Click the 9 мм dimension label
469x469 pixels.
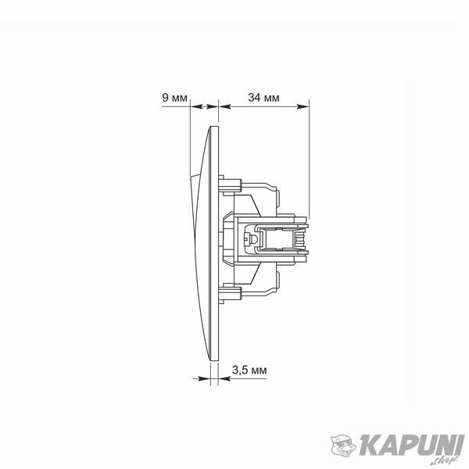click(174, 98)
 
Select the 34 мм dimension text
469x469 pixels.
click(263, 98)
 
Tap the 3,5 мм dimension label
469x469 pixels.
click(249, 371)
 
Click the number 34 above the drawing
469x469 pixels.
click(253, 98)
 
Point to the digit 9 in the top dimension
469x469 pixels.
click(165, 98)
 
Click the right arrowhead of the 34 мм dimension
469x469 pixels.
click(303, 106)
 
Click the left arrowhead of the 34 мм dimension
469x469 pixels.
click(225, 106)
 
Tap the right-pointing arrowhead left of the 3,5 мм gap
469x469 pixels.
click(205, 378)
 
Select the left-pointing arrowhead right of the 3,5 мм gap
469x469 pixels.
click(224, 378)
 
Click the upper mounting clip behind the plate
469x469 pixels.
click(230, 185)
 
